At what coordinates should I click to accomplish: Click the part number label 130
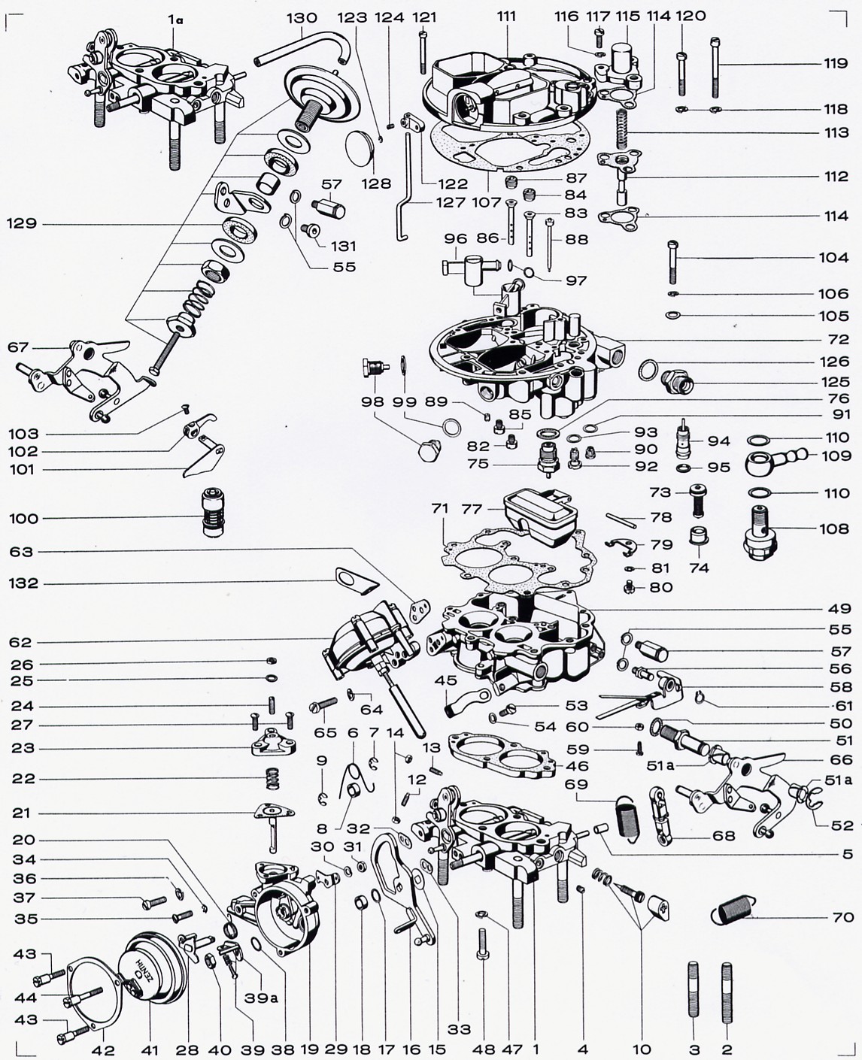(302, 17)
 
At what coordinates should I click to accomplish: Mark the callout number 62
(20, 643)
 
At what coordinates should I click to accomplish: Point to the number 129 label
(22, 223)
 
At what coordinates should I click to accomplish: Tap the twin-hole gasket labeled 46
(498, 756)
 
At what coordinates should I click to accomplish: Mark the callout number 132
(24, 583)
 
